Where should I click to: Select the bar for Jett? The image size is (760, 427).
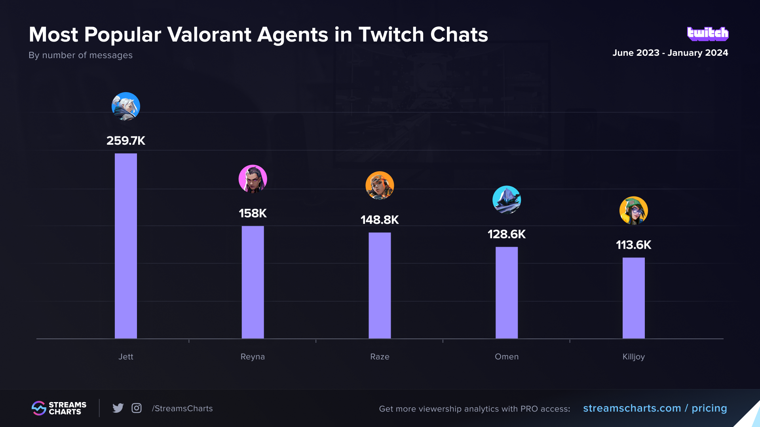coord(126,246)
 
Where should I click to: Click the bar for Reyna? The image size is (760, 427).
coord(253,282)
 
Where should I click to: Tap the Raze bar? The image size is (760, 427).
coord(380,285)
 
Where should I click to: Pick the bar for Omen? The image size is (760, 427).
coord(506,293)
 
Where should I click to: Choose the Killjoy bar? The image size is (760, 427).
coord(633,298)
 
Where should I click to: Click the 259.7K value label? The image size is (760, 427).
coord(126,141)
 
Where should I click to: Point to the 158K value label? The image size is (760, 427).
coord(253,213)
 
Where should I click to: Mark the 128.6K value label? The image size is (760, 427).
coord(506,234)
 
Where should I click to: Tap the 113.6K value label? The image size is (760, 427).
coord(633,245)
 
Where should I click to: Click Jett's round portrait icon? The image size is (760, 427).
coord(126,106)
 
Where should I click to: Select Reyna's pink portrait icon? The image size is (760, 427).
coord(253,179)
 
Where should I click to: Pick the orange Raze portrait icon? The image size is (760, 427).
coord(380,185)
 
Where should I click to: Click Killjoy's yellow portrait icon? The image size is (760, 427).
coord(633,210)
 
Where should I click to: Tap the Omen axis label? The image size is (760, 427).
coord(506,357)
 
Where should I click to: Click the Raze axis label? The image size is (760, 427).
coord(380,357)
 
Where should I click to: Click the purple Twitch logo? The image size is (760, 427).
coord(708,34)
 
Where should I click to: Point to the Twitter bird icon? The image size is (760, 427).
coord(118,408)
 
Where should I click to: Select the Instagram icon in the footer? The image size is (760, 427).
coord(137,408)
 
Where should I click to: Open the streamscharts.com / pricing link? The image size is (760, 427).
coord(655,408)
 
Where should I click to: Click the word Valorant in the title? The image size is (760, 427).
coord(209,35)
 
